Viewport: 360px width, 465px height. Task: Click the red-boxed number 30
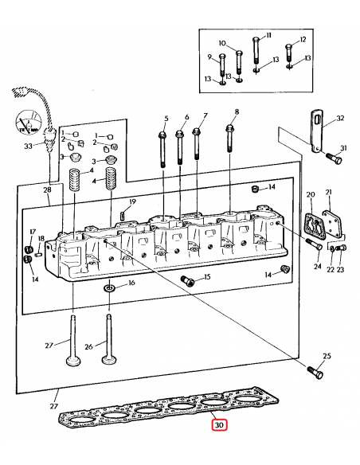tap(219, 425)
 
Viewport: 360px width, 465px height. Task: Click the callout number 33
tap(28, 147)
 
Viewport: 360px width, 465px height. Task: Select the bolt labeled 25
tap(315, 372)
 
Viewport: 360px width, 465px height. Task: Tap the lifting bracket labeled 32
tap(318, 131)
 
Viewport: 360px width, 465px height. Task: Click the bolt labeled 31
tap(335, 158)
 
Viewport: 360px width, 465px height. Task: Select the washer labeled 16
tap(109, 287)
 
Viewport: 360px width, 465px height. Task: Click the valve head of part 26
tap(109, 360)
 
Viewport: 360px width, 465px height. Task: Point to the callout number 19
tap(132, 201)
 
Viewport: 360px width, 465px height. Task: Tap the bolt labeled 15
tap(187, 280)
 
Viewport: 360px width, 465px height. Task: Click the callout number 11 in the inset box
tap(268, 36)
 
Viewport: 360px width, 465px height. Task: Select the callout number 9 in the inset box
tap(209, 57)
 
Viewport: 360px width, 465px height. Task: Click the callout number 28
tap(48, 190)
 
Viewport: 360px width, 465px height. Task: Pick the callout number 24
tap(318, 266)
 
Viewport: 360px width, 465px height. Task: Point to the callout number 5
tap(166, 119)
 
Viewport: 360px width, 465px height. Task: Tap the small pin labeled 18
tap(37, 254)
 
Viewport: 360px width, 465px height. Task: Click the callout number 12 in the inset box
tap(303, 40)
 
